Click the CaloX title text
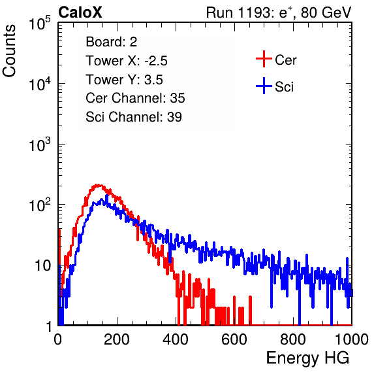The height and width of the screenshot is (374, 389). [80, 12]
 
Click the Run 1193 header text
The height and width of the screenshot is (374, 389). [279, 12]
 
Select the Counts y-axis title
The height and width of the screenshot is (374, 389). [9, 51]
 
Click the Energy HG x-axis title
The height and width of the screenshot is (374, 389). [307, 358]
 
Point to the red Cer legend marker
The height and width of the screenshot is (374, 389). [264, 59]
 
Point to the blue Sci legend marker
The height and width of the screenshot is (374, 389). [264, 86]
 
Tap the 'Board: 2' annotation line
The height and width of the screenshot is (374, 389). [112, 42]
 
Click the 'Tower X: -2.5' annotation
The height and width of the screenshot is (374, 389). [127, 61]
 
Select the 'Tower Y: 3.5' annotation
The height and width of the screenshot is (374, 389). [124, 80]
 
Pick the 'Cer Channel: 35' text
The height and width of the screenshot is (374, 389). [135, 98]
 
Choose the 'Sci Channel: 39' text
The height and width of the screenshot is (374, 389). [134, 117]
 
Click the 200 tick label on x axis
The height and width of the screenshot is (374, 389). [117, 339]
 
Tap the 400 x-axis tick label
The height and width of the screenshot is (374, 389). [176, 339]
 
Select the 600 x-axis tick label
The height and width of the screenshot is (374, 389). [234, 339]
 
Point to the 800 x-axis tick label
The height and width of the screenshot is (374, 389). [293, 339]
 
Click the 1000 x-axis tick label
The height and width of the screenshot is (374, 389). [352, 339]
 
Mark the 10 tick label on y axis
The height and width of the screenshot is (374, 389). [43, 266]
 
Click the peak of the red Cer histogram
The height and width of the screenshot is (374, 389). [99, 185]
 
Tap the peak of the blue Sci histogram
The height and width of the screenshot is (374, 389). [107, 195]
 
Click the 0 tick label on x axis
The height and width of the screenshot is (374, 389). [58, 339]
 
